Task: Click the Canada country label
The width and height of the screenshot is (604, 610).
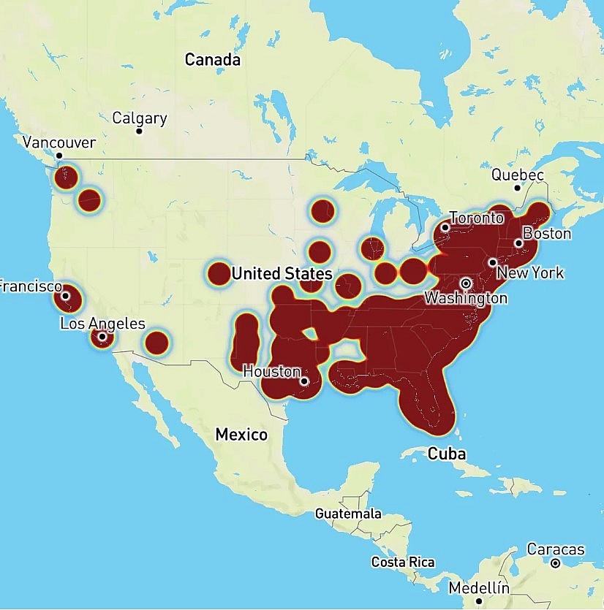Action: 212,60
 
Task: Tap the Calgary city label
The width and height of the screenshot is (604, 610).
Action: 139,118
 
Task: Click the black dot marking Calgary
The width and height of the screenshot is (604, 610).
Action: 139,131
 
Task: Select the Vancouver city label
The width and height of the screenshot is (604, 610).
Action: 58,142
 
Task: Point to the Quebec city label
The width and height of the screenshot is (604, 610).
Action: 517,175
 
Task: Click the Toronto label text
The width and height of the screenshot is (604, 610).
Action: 477,218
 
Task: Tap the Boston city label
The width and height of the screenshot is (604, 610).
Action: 546,234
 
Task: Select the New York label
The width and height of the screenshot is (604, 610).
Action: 530,272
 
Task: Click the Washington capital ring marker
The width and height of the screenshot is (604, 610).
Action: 466,283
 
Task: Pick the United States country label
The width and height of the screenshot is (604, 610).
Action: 282,274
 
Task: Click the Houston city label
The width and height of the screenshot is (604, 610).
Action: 271,371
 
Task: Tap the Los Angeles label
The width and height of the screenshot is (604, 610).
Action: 102,324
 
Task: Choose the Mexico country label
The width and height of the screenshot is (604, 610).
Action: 241,435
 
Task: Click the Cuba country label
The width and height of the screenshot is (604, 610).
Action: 446,454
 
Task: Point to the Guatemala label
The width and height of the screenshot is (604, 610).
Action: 348,514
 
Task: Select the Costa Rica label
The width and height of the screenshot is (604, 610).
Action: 402,563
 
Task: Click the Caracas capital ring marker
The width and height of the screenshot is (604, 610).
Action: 556,563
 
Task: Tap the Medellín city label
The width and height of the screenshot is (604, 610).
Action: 479,588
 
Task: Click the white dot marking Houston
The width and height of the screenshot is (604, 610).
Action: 304,381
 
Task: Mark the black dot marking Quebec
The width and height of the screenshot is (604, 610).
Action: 517,188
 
